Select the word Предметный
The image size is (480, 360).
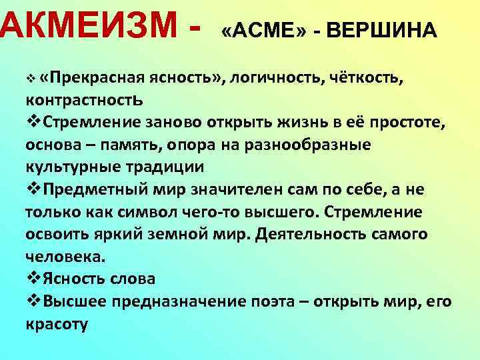point(93,190)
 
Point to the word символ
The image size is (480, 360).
point(173,212)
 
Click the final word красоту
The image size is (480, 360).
point(57,325)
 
